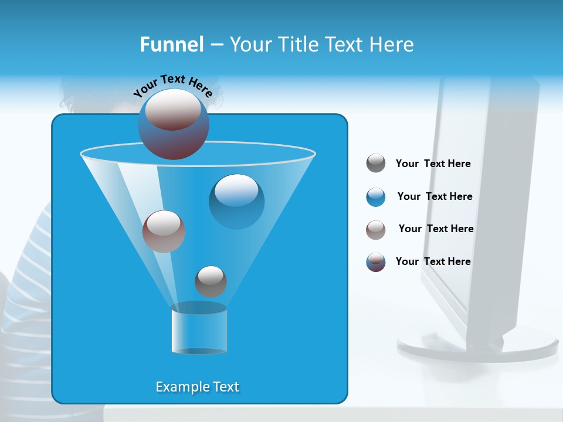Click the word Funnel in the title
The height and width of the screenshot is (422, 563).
pyautogui.click(x=172, y=45)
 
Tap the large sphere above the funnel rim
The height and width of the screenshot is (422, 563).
pyautogui.click(x=173, y=124)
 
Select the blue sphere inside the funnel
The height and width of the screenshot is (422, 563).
pyautogui.click(x=236, y=201)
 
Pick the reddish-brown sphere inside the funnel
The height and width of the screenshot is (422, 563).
pyautogui.click(x=164, y=231)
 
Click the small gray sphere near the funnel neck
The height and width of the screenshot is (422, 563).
pyautogui.click(x=211, y=281)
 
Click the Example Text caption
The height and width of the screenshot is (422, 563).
pyautogui.click(x=197, y=387)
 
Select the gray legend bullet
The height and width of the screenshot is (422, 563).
pyautogui.click(x=376, y=164)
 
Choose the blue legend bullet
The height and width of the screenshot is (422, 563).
pyautogui.click(x=376, y=197)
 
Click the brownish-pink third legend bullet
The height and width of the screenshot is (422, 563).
pyautogui.click(x=376, y=230)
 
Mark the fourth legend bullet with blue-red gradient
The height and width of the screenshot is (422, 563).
pyautogui.click(x=376, y=262)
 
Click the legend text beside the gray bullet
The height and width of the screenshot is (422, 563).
pyautogui.click(x=433, y=164)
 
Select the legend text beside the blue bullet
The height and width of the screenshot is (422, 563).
pyautogui.click(x=435, y=197)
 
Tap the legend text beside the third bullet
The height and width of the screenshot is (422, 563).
pyautogui.click(x=436, y=229)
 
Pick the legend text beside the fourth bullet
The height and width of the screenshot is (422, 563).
pyautogui.click(x=433, y=262)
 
